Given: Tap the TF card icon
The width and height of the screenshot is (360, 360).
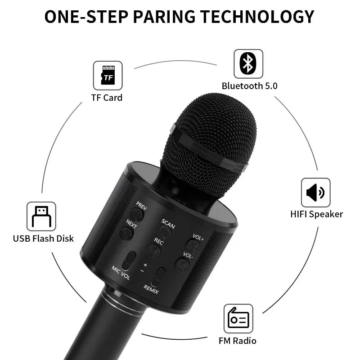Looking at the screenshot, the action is point(108,76).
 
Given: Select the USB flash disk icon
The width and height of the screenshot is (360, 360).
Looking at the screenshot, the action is point(41,216).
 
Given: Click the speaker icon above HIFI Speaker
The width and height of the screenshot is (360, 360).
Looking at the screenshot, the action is point(316,193).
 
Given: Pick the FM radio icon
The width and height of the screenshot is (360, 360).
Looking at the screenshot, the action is point(238,319).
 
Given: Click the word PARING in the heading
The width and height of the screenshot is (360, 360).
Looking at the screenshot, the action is point(164,17).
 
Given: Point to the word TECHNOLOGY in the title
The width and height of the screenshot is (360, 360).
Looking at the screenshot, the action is point(257,17).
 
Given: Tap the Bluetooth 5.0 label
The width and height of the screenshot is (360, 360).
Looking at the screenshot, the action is point(250,86).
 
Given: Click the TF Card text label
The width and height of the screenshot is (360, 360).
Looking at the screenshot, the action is point(107,98).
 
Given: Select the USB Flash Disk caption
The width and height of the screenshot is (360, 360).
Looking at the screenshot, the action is point(43,238).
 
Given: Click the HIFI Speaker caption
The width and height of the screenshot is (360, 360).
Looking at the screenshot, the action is point(317,214).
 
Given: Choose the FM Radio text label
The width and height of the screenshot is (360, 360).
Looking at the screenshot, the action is point(238,341).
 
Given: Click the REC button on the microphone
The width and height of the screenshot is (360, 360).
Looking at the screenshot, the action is point(153,251).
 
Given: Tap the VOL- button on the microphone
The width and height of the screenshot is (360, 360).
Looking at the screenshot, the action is point(183,265).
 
